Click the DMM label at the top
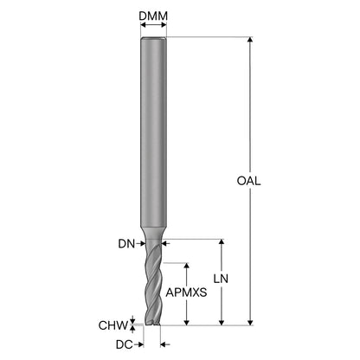(153, 16)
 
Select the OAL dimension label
(248, 181)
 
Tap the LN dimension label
(221, 279)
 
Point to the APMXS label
(186, 292)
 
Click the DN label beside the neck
(126, 244)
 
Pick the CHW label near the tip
(112, 325)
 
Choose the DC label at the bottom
(125, 344)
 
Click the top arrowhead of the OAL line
(250, 40)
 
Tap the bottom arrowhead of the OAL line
(250, 322)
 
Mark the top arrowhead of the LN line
(222, 242)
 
